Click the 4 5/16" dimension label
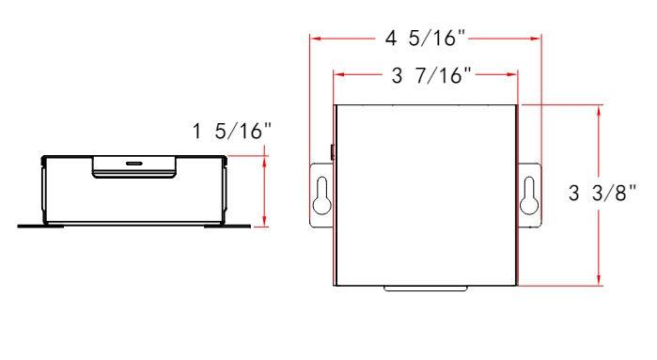[x=425, y=39]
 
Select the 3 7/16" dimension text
[x=431, y=76]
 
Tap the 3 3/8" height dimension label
[x=602, y=194]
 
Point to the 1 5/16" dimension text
[x=232, y=132]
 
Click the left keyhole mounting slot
[x=322, y=196]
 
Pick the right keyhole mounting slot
[x=529, y=196]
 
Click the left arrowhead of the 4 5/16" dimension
[x=316, y=39]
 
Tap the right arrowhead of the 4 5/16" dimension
[x=536, y=39]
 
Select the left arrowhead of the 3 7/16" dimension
[x=339, y=74]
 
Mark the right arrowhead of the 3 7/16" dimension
[x=512, y=74]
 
